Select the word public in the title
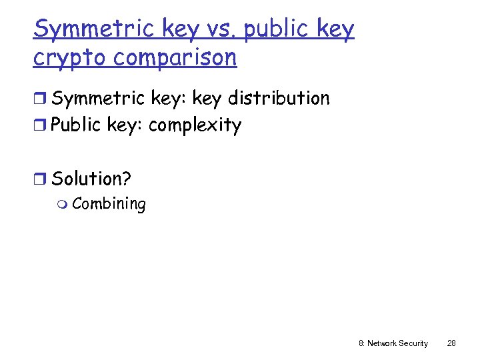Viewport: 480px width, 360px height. [x=279, y=30]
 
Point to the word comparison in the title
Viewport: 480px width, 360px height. [x=175, y=59]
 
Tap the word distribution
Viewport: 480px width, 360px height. [x=279, y=99]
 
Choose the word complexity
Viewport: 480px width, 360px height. [x=195, y=126]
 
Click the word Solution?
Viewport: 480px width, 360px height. [x=91, y=179]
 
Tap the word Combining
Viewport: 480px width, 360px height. [x=109, y=204]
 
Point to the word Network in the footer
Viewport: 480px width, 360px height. [x=381, y=343]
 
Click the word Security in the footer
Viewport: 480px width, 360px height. [x=413, y=343]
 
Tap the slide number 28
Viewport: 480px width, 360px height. [x=451, y=343]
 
